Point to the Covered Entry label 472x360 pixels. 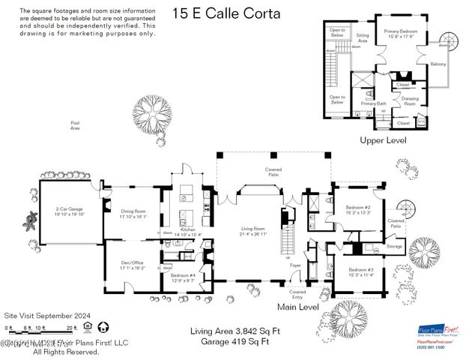point(297,293)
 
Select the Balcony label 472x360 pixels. point(438,64)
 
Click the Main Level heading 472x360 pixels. point(297,307)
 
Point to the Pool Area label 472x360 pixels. point(75,125)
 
